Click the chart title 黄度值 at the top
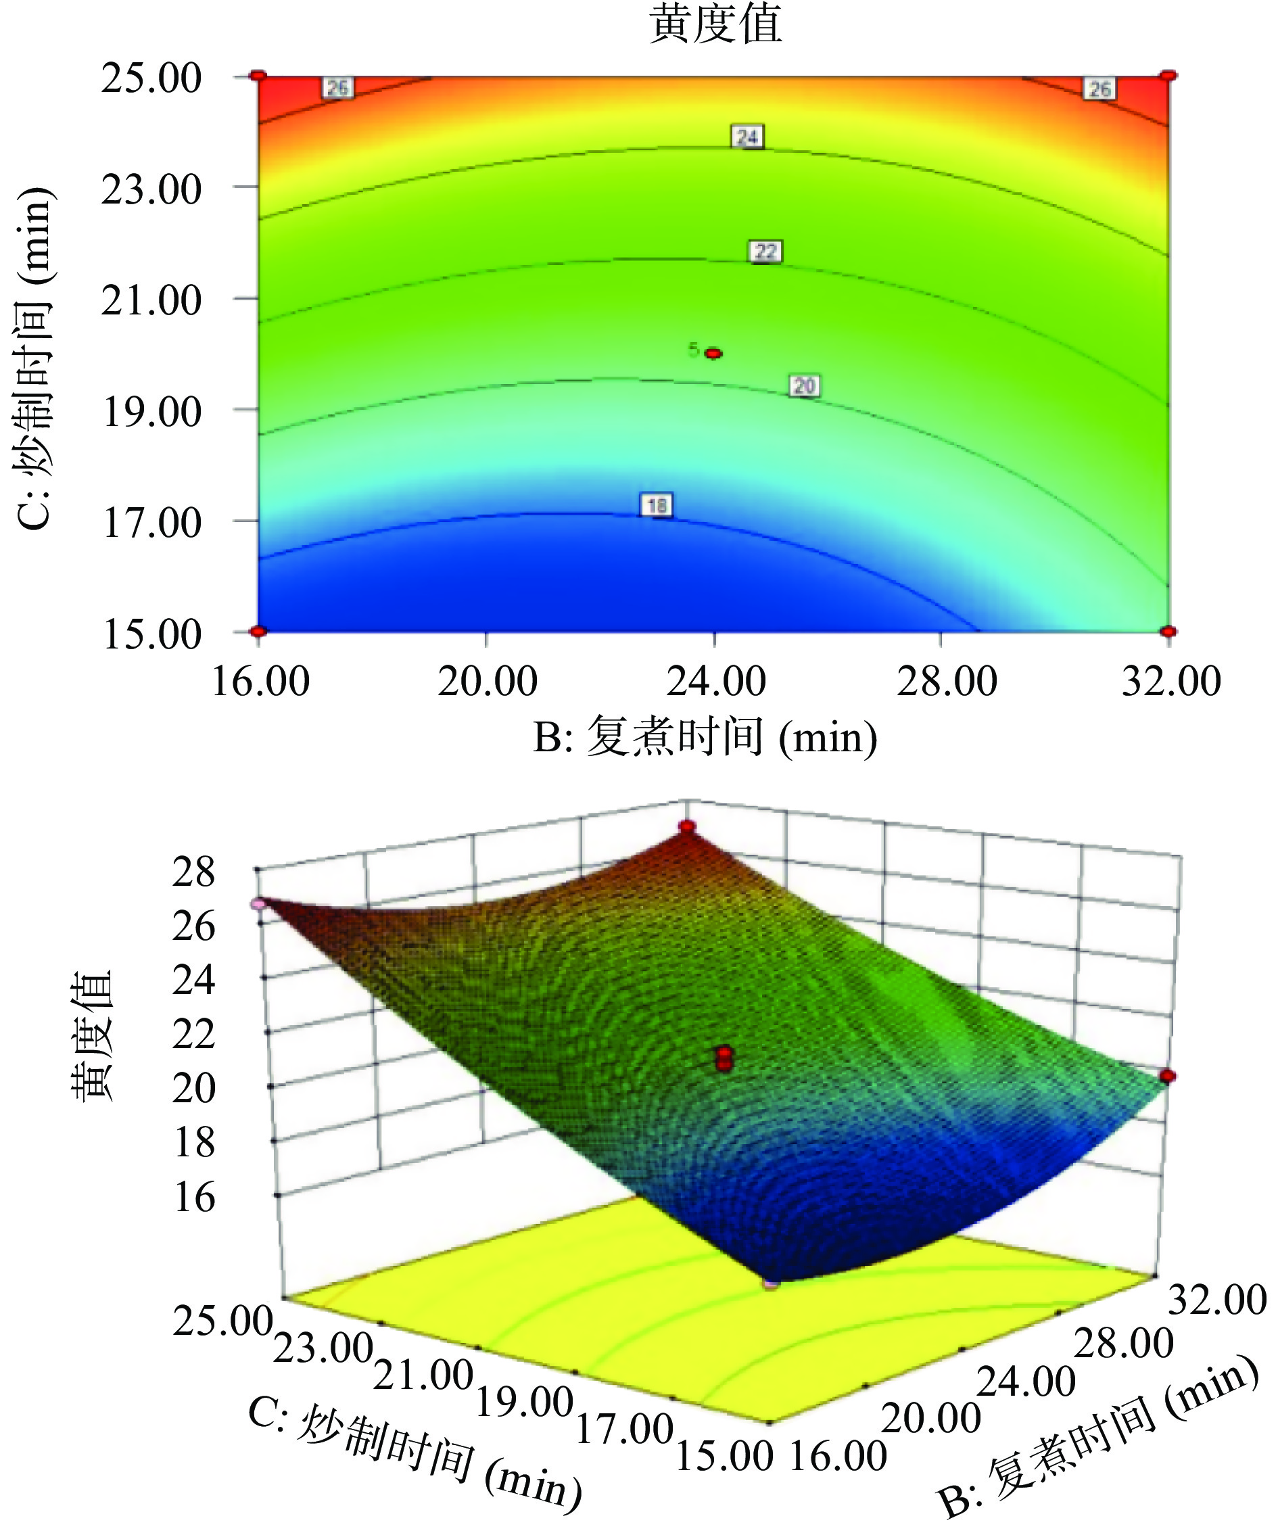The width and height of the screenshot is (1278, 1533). pyautogui.click(x=715, y=24)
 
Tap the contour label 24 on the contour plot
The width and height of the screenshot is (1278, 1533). pyautogui.click(x=747, y=137)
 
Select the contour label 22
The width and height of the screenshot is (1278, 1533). pyautogui.click(x=765, y=252)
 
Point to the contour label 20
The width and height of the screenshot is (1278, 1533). pyautogui.click(x=803, y=385)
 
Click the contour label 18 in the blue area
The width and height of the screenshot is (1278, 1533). pyautogui.click(x=656, y=505)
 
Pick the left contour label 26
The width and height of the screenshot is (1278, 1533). pyautogui.click(x=337, y=89)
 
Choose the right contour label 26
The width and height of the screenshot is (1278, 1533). pyautogui.click(x=1099, y=89)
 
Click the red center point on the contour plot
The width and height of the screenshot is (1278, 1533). pyautogui.click(x=714, y=353)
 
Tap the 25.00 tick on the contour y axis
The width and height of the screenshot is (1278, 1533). pyautogui.click(x=151, y=78)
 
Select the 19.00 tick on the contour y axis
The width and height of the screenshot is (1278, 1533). pyautogui.click(x=151, y=412)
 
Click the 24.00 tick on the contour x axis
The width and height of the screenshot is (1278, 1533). pyautogui.click(x=715, y=681)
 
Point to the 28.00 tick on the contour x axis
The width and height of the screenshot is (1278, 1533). pyautogui.click(x=946, y=681)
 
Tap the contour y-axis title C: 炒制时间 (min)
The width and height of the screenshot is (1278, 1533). pyautogui.click(x=35, y=358)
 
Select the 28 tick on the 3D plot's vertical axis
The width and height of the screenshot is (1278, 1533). pyautogui.click(x=194, y=872)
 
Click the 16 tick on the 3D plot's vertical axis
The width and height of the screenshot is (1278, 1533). pyautogui.click(x=194, y=1198)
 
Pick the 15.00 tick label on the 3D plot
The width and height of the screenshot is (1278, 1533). pyautogui.click(x=724, y=1457)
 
